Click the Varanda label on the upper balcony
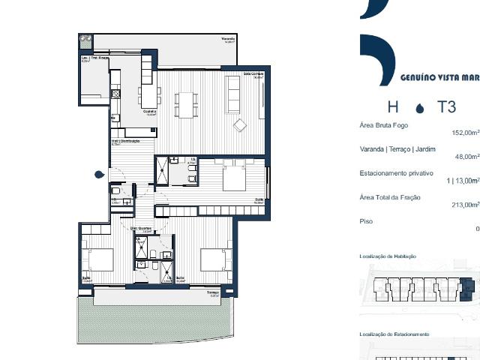(x=228, y=38)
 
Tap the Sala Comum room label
(x=251, y=73)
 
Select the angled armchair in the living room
(x=241, y=124)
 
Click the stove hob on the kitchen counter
(x=115, y=94)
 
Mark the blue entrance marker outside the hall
(x=99, y=175)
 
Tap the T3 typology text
(x=447, y=106)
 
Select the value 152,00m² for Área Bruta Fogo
(x=465, y=133)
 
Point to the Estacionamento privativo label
(x=397, y=173)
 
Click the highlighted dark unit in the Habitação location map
(x=468, y=286)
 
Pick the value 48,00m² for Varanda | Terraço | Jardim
(x=466, y=157)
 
